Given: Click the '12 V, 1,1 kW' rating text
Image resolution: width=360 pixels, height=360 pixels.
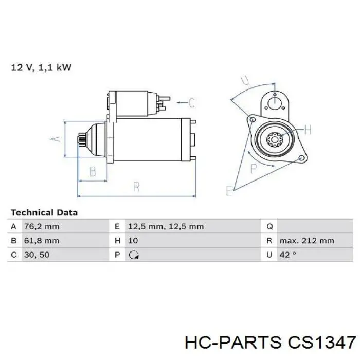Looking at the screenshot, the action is [41, 67].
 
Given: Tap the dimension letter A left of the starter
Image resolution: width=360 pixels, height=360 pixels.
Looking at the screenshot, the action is [55, 139].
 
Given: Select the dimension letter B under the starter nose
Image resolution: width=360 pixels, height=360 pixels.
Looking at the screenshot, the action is [93, 171].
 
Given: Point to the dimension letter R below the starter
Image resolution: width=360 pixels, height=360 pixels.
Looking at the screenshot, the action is [137, 187].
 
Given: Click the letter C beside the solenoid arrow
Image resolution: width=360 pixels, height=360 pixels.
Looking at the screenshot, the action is [192, 103].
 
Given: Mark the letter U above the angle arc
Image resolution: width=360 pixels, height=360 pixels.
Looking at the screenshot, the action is [245, 80].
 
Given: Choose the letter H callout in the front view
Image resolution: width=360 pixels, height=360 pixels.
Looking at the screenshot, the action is [308, 130].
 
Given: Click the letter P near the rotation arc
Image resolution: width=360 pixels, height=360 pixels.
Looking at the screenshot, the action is [254, 168].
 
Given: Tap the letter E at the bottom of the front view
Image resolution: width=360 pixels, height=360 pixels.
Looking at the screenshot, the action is [229, 191].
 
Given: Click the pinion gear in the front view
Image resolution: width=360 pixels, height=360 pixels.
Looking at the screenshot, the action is [275, 139].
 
